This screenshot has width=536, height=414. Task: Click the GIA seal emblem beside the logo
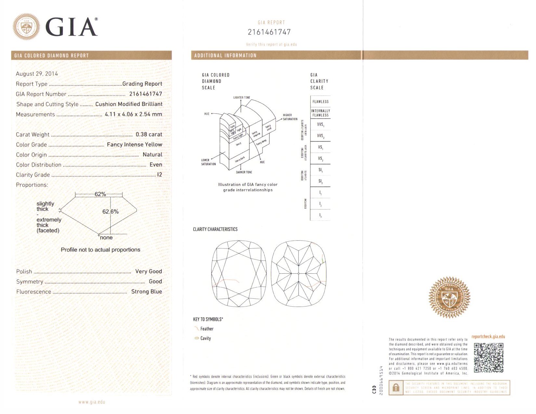26,27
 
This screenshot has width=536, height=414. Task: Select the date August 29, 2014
37,74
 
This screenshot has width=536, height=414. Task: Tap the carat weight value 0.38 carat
149,134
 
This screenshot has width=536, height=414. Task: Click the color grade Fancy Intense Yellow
134,144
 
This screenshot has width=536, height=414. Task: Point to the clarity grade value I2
160,175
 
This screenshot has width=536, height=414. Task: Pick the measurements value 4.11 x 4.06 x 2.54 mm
133,114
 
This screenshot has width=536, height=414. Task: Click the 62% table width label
100,194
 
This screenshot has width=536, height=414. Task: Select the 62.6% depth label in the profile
110,212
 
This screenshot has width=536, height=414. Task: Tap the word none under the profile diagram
106,238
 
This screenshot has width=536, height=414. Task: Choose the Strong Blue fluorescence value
147,292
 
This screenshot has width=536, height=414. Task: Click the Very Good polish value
148,271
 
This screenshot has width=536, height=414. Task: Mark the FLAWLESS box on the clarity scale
320,102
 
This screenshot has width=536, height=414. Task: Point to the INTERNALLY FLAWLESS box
320,113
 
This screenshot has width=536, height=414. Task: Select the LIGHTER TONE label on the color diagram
242,97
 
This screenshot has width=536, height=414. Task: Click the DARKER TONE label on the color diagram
244,172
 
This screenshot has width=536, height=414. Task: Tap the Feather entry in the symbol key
207,329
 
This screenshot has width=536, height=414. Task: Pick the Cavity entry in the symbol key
205,338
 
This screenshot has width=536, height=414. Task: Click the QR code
488,358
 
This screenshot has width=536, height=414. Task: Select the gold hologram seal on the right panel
449,297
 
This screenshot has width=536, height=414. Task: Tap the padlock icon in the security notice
396,388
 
